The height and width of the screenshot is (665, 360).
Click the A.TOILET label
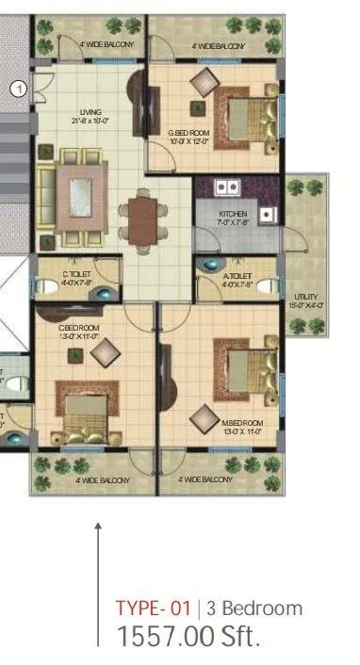point(237,274)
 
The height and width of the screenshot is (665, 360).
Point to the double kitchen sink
point(227,187)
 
